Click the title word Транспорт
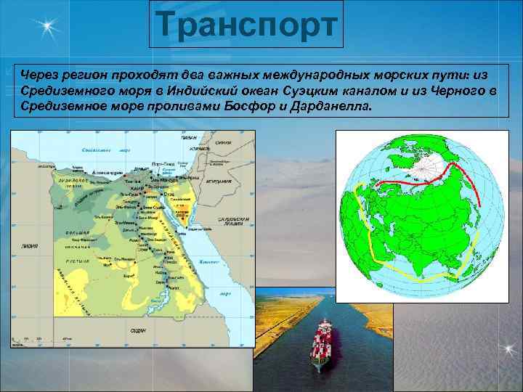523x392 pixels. pyautogui.click(x=248, y=25)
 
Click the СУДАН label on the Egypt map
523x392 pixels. pyautogui.click(x=138, y=330)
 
